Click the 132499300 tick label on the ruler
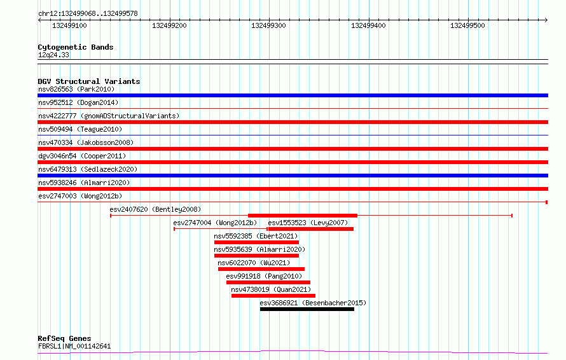coord(268,25)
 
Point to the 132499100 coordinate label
coord(70,25)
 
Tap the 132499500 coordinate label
coord(467,25)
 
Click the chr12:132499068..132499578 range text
coord(88,14)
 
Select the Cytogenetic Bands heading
coord(76,47)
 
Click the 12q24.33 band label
coord(53,55)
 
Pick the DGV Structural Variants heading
coord(89,81)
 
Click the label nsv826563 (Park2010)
coord(76,89)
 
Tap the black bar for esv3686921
coord(307,309)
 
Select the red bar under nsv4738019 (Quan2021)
coord(273,296)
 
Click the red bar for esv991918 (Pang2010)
coord(268,282)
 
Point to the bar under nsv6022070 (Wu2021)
coord(261,269)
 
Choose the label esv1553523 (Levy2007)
coord(308,223)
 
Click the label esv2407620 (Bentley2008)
coord(155,209)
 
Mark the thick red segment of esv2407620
coord(303,216)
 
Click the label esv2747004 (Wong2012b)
coord(215,223)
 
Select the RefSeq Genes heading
coord(64,338)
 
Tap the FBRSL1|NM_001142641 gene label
coord(74,346)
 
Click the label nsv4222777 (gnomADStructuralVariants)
coord(109,116)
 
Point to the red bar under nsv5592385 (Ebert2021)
coord(257,242)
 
